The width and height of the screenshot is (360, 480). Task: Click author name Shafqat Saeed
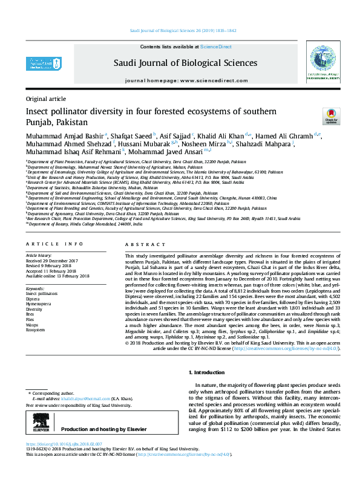132,135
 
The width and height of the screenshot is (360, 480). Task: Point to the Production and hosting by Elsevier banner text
107,429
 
